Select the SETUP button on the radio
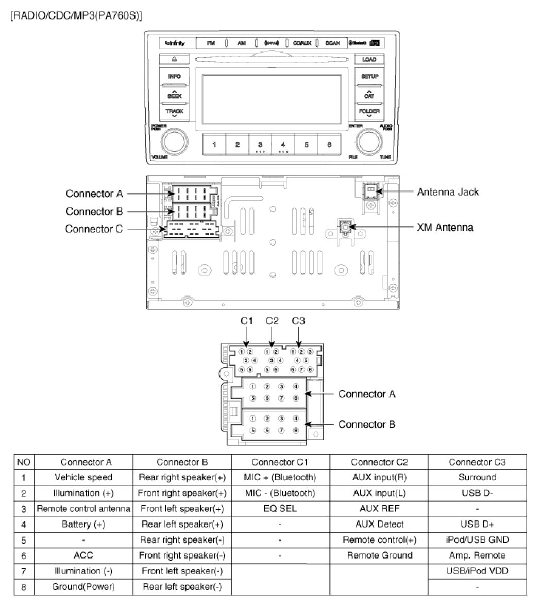(369, 76)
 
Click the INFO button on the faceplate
(174, 76)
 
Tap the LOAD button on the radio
(369, 59)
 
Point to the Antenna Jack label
(447, 192)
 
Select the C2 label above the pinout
(272, 321)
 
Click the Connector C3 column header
(477, 462)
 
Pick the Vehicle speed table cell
(83, 478)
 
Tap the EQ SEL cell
(280, 509)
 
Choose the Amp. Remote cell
(477, 555)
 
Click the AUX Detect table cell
(379, 524)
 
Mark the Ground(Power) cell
(83, 587)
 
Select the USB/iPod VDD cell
(477, 571)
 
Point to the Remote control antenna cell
(83, 509)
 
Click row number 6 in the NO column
(23, 555)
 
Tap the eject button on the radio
(174, 59)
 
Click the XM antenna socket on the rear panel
(344, 225)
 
